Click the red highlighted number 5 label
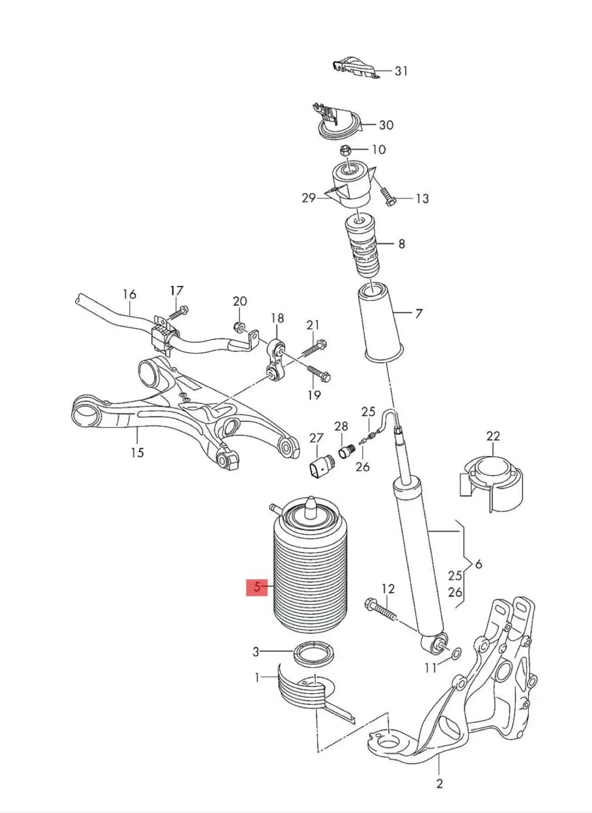257,588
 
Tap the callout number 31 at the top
401,71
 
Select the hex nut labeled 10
345,150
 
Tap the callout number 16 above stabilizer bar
130,294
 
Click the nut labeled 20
238,326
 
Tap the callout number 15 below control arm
137,452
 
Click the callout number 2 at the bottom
439,783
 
